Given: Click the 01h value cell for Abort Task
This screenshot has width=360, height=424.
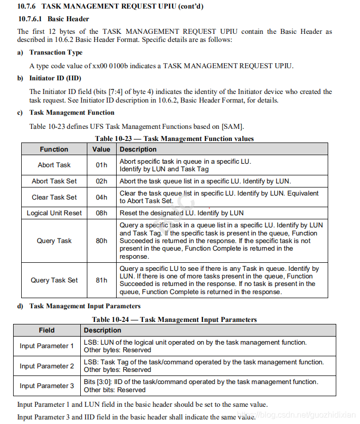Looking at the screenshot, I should [x=101, y=165].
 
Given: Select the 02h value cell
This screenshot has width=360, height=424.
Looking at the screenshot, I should [x=101, y=181].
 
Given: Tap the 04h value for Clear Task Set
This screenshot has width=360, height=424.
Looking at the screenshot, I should [x=101, y=197].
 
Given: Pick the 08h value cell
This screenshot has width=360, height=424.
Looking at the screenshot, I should [x=101, y=213].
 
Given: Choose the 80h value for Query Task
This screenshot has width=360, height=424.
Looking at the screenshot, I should [x=101, y=241].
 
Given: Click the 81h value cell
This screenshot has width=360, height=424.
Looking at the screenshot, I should [x=101, y=280].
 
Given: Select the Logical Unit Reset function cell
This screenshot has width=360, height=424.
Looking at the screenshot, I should [x=54, y=213].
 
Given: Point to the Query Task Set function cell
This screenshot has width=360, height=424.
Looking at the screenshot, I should [x=54, y=280].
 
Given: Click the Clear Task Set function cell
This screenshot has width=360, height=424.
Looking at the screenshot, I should [x=54, y=197].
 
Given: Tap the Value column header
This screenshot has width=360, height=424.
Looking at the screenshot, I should [x=101, y=149].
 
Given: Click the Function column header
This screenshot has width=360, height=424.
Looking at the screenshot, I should [x=54, y=149].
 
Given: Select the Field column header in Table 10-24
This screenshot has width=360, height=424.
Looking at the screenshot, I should [x=46, y=330].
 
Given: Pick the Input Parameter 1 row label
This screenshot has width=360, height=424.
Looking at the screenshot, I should [x=46, y=346].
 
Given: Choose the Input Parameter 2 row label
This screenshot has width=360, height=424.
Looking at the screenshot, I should [x=46, y=366].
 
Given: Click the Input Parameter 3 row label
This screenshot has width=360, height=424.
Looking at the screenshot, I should [x=46, y=386].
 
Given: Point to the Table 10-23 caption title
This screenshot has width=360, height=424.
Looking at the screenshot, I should [x=174, y=138].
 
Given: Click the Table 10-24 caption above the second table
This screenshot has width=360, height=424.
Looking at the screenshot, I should [x=174, y=319].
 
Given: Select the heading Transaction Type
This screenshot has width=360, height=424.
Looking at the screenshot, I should [x=56, y=53].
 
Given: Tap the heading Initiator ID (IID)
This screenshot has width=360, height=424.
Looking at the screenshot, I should [x=55, y=78].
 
